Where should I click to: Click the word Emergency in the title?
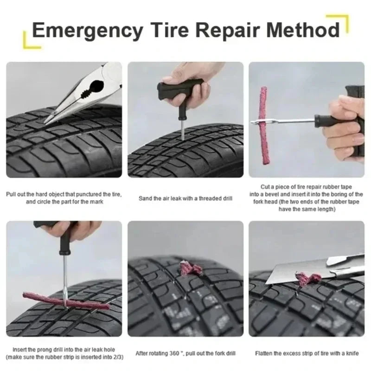point(88,31)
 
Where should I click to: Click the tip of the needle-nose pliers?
point(47,122)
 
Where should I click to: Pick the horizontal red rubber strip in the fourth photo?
point(65,304)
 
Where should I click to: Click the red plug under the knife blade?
point(308,279)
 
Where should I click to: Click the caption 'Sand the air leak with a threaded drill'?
point(185,198)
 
